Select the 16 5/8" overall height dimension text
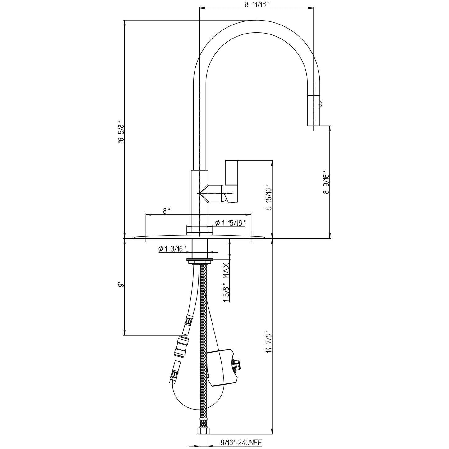(x=121, y=131)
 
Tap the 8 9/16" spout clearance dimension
(x=326, y=182)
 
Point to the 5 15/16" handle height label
(x=269, y=199)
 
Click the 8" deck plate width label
(x=167, y=211)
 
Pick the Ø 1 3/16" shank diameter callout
(x=172, y=248)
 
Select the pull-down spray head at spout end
(x=313, y=110)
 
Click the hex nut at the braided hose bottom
(x=204, y=431)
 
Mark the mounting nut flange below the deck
(x=200, y=261)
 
